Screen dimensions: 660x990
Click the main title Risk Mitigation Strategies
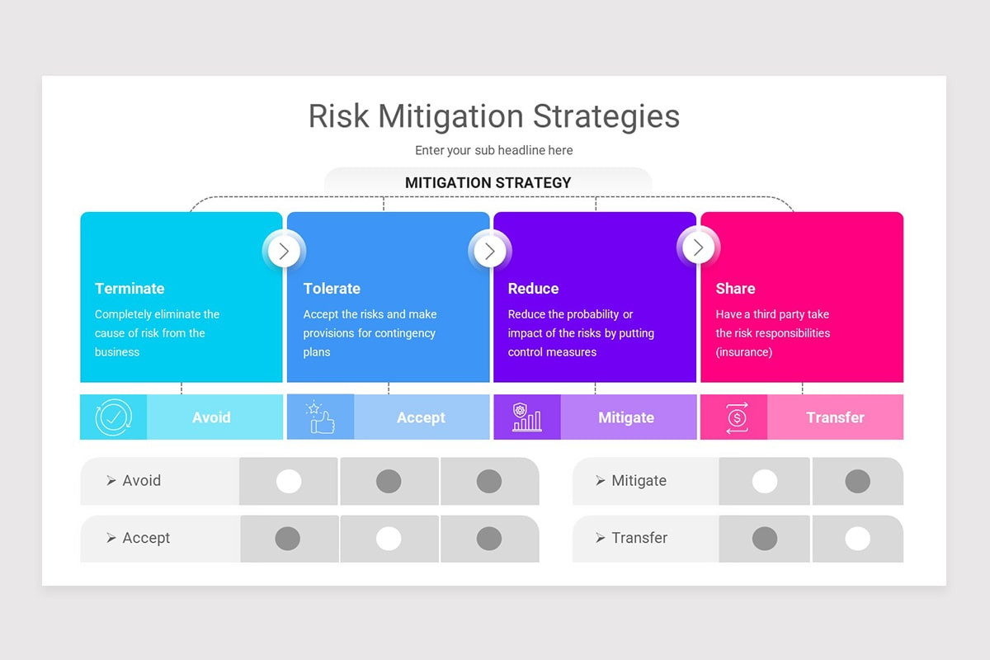[493, 116]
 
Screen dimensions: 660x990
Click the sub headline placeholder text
[493, 150]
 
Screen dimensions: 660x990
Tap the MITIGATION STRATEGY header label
[488, 182]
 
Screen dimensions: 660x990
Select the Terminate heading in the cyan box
[130, 289]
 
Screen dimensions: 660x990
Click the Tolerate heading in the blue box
[332, 289]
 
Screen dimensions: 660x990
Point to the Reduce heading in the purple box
[533, 289]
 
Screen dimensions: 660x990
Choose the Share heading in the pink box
[735, 289]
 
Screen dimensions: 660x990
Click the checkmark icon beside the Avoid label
[113, 417]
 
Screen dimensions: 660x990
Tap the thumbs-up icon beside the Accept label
[320, 417]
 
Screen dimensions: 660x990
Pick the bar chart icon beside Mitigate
[526, 417]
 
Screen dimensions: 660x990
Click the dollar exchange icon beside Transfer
[736, 417]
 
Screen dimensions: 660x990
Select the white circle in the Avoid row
[289, 481]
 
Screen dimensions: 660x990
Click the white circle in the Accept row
[389, 539]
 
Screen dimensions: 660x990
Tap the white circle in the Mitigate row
[765, 481]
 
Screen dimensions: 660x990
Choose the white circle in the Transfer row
[857, 539]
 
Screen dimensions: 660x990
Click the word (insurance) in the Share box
[744, 352]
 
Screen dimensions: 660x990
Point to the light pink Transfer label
[835, 417]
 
